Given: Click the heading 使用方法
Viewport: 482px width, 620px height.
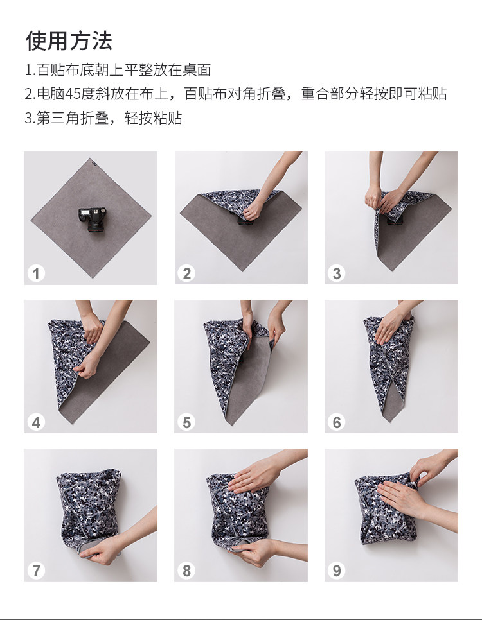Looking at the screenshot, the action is tap(69, 40).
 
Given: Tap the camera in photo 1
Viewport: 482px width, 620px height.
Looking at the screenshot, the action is tap(93, 220).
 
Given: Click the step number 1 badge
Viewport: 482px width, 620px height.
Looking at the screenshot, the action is tap(36, 273).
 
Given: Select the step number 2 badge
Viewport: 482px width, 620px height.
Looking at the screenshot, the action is tap(186, 273).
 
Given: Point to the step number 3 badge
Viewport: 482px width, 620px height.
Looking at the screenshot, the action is tap(337, 273).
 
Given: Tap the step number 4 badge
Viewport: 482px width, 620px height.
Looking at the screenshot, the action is tap(36, 422).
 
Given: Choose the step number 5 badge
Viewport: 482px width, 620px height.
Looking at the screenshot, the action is tap(186, 422).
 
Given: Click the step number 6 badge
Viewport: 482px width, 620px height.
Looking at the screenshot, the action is tap(337, 422).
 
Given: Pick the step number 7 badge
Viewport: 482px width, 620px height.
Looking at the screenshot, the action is tap(36, 571).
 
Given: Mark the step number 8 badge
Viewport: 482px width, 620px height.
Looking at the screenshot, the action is tap(186, 571).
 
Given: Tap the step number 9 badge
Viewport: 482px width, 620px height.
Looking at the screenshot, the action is tap(337, 571).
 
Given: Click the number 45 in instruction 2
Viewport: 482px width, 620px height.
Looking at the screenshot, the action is tap(73, 94).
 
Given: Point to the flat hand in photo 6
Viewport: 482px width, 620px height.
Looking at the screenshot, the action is tap(389, 326).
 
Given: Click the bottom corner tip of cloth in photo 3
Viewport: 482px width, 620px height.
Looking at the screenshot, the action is tap(391, 270).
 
